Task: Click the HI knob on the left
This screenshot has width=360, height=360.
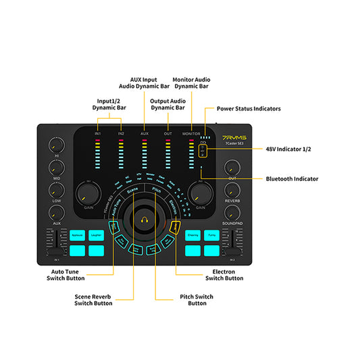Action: [x=56, y=145]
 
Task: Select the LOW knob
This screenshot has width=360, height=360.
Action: [x=56, y=191]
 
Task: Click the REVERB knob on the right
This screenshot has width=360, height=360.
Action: [x=232, y=190]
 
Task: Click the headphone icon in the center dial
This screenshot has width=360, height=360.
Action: [x=143, y=220]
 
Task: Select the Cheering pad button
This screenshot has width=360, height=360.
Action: [x=192, y=235]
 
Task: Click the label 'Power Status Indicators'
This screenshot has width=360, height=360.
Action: [x=248, y=108]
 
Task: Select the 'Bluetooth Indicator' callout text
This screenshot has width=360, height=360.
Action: [x=292, y=179]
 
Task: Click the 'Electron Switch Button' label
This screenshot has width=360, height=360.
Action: [x=224, y=275]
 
